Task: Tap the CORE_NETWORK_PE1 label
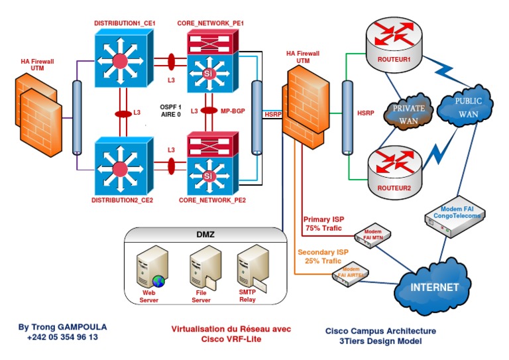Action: (x=211, y=23)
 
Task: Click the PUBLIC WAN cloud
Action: (x=468, y=106)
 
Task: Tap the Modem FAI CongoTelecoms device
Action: (x=454, y=221)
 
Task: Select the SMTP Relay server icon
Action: (x=252, y=269)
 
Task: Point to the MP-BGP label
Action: (x=232, y=111)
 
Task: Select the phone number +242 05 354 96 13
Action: (x=62, y=337)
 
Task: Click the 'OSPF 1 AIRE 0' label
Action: (x=170, y=111)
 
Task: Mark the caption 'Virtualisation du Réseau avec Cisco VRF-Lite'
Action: (x=231, y=334)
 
